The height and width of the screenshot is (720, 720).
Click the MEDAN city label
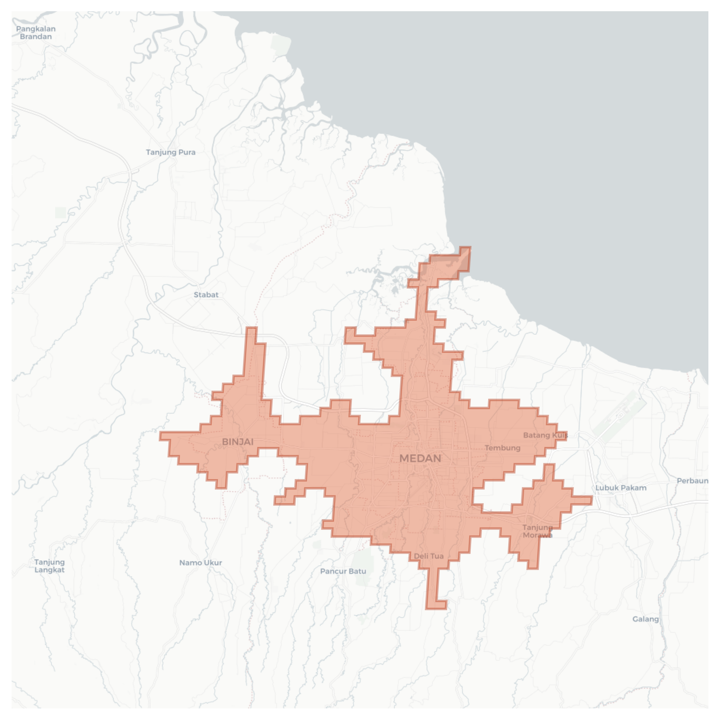[x=420, y=458]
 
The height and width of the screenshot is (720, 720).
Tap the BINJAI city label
[x=238, y=442]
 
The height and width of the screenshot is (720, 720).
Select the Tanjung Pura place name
[x=170, y=152]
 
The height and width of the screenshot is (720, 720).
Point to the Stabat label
[x=206, y=295]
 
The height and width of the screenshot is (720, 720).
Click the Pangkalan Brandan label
[x=36, y=33]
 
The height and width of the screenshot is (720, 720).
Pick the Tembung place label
[x=502, y=448]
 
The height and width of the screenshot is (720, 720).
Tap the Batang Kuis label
[x=545, y=435]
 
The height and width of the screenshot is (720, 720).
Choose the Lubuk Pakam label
[x=621, y=488]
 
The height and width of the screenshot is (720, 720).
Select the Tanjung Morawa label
[x=537, y=531]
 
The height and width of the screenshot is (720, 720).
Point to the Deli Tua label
[x=429, y=556]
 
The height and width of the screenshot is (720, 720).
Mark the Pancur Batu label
[x=343, y=571]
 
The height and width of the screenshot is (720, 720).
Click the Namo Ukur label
[x=201, y=563]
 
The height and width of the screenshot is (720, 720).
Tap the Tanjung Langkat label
[x=49, y=566]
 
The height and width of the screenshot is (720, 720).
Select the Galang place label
[x=645, y=619]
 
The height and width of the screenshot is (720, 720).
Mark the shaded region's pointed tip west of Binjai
[x=165, y=436]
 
